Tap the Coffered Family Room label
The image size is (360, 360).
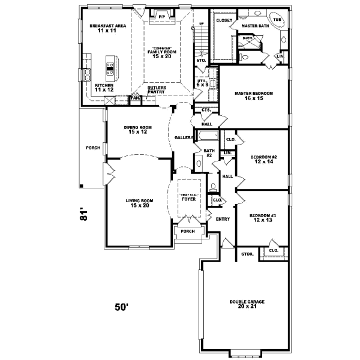pos(162,52)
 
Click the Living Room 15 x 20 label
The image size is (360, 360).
pos(137,203)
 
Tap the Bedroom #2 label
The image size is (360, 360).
pos(263,159)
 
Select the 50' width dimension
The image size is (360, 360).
pos(122,307)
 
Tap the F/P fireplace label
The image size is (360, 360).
pos(162,16)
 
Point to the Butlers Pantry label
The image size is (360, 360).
pos(157,89)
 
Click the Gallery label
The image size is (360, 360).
pos(183,137)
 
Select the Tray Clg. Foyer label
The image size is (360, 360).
pos(190,197)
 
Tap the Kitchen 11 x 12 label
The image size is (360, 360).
pos(104,88)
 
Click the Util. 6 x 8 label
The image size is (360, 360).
pos(202,82)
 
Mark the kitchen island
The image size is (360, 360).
pos(111,68)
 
